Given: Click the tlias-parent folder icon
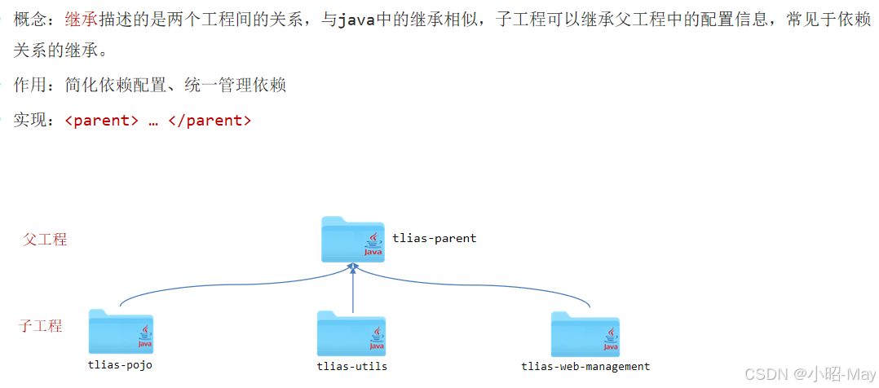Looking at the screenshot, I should pos(352,240).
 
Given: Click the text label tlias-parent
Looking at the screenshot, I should pos(434,238).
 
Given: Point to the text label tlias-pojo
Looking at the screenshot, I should pos(120,364).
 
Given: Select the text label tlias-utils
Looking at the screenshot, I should pos(351,366).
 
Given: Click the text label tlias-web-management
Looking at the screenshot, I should pos(585,366).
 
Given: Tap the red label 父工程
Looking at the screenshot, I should pos(45,240).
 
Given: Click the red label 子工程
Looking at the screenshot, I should pos(40,326).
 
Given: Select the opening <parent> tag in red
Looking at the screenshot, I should pos(101,121).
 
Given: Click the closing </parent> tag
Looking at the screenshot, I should pos(210,121).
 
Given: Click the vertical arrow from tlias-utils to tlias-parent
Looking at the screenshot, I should pos(352,289).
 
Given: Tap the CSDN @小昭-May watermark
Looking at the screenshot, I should pos(820,373).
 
